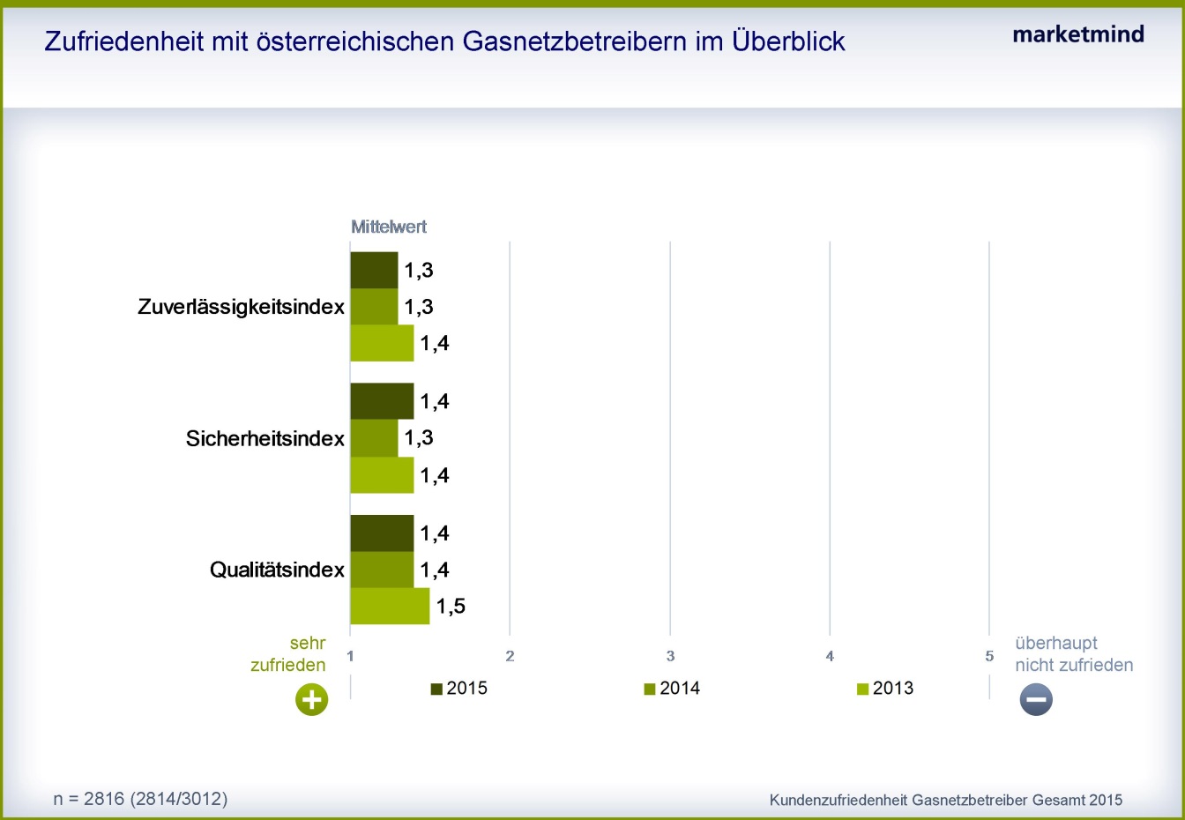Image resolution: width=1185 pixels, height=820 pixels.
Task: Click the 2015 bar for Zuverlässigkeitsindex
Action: click(374, 271)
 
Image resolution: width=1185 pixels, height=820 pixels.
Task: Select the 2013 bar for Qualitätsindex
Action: click(390, 606)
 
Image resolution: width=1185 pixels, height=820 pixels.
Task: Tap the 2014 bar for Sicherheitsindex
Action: click(374, 438)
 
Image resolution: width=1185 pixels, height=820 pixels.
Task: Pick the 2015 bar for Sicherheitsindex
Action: click(382, 401)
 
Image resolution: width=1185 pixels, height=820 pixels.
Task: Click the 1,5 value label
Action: click(451, 607)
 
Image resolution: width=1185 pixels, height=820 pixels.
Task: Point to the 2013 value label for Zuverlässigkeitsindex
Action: click(435, 343)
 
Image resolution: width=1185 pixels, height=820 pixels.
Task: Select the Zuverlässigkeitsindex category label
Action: click(241, 307)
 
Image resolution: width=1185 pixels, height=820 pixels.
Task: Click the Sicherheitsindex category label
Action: click(265, 438)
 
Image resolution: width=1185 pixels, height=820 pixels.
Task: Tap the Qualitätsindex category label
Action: click(277, 570)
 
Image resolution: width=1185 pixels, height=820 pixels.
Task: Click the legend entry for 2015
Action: click(459, 689)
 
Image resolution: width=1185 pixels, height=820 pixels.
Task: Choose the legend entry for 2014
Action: click(672, 689)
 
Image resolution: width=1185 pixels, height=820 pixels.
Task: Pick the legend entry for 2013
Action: click(885, 689)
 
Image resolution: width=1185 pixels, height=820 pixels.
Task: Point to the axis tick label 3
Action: click(670, 657)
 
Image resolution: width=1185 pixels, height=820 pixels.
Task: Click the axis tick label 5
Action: click(989, 657)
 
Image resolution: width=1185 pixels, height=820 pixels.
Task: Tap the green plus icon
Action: click(311, 699)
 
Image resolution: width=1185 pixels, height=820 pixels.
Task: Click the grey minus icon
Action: click(1036, 699)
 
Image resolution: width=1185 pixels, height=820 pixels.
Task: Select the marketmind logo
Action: click(1078, 34)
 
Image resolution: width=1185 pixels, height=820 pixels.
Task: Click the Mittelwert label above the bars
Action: click(389, 227)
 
